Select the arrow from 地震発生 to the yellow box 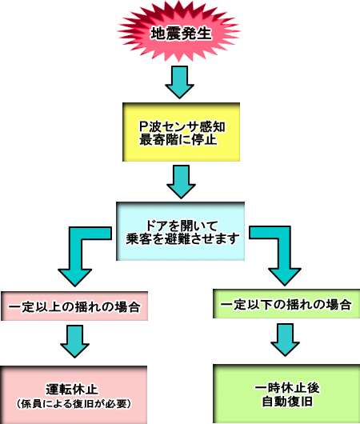tap(179, 82)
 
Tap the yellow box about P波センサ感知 tap(182, 132)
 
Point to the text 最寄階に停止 tap(178, 140)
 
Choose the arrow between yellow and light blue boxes tap(182, 182)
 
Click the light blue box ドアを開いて tap(181, 231)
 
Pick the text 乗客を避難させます tap(182, 238)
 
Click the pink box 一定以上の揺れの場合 tap(74, 306)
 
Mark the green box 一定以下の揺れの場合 tap(286, 304)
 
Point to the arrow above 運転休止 tap(75, 342)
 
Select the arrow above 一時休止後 tap(285, 340)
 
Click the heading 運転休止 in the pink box tap(72, 390)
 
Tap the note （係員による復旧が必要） tap(74, 404)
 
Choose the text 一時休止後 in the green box tap(287, 388)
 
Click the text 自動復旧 tap(287, 402)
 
